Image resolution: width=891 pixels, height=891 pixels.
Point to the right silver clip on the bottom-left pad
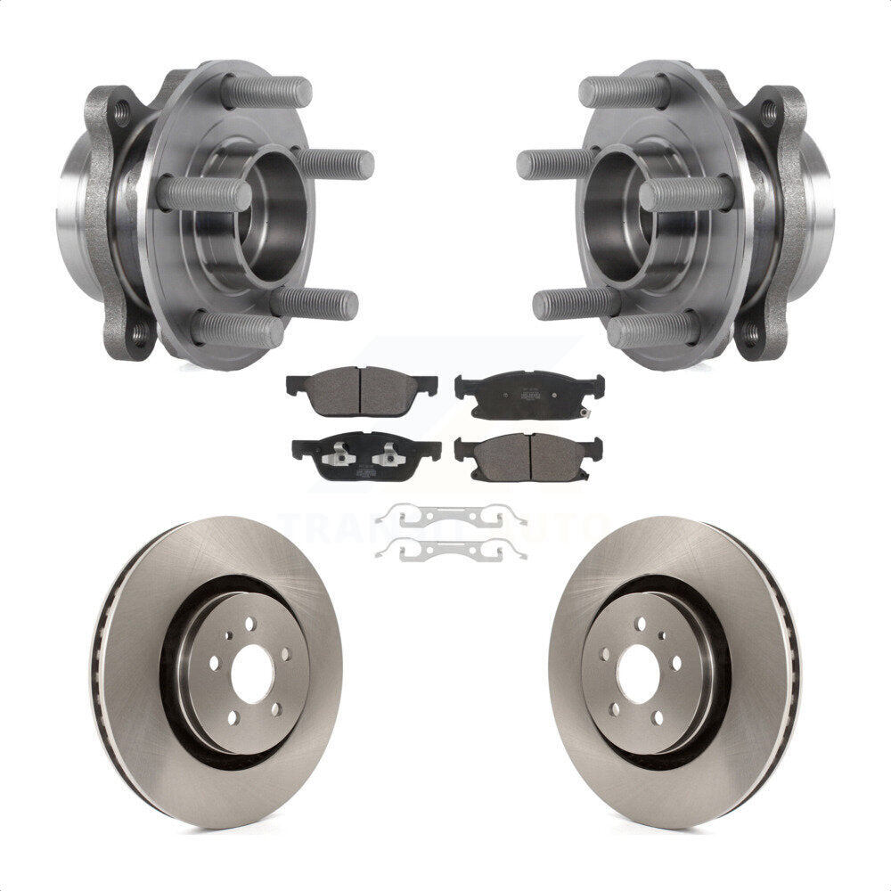[x=386, y=454]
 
